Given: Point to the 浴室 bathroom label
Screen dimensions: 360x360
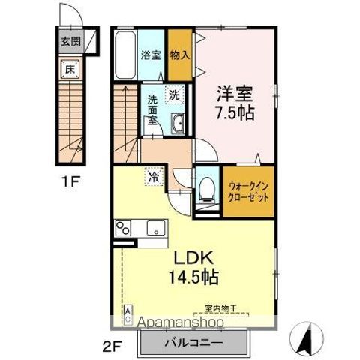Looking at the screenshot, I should point(151,54).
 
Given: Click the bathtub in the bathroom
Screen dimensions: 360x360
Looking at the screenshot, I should point(124,55).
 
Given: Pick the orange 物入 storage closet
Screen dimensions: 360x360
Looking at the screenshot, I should point(178,54).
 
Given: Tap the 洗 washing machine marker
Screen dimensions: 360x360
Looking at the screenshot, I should point(174,94).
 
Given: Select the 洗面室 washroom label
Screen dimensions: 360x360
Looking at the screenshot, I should point(151,109).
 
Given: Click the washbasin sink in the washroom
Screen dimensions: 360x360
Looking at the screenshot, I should point(178,124).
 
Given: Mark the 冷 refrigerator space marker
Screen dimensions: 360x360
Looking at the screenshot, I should point(153,178).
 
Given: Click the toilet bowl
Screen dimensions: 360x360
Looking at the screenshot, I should point(205,189).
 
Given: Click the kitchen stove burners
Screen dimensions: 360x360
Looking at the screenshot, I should point(124,228).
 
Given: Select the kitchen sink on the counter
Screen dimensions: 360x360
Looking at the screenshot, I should point(157,228).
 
